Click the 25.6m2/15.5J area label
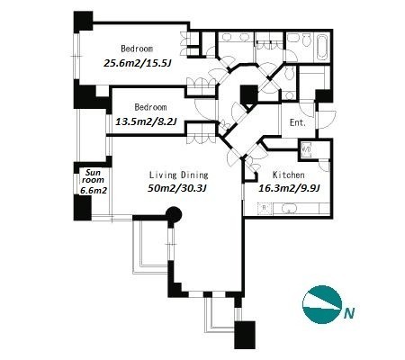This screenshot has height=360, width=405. coord(138,63)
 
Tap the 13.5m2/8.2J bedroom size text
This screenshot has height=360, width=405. coord(146,121)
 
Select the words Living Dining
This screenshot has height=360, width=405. coord(179,175)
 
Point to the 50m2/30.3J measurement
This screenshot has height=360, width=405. coord(177,188)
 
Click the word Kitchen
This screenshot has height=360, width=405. coord(289,175)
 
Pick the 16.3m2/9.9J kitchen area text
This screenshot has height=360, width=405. coord(289,188)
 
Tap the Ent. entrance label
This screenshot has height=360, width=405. coord(298,122)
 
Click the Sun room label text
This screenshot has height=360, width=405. coord(93,176)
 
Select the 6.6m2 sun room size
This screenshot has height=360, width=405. coord(94,190)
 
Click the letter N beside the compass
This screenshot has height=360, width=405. coord(349,313)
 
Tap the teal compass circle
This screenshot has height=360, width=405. coord(322,304)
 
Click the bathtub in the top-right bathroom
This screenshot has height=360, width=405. coord(322,47)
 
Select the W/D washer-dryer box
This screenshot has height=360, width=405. coord(306,148)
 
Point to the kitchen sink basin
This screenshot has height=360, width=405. coord(289,209)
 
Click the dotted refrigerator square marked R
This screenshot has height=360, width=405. coord(265,208)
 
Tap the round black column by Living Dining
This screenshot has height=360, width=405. coord(174,215)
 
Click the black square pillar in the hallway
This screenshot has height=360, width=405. coord(249,94)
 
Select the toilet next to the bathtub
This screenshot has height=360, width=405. coord(306,40)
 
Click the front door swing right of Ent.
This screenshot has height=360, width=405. coord(327,120)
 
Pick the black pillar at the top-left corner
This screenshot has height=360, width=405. coord(83,21)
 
